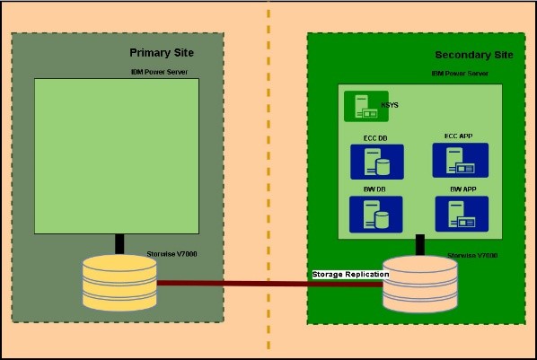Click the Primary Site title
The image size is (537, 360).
162,53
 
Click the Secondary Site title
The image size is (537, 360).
474,55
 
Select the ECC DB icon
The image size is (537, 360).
376,162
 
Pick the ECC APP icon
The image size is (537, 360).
460,161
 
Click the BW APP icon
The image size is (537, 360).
461,215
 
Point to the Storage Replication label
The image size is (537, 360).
350,274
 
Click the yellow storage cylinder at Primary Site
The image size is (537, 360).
119,283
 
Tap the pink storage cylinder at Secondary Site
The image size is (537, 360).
419,284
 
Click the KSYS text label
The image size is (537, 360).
390,106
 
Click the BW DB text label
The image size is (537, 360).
375,190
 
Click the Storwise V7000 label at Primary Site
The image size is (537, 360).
172,255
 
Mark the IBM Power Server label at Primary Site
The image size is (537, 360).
158,71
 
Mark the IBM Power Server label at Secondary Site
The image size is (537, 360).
461,73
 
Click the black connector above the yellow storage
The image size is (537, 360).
119,244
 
